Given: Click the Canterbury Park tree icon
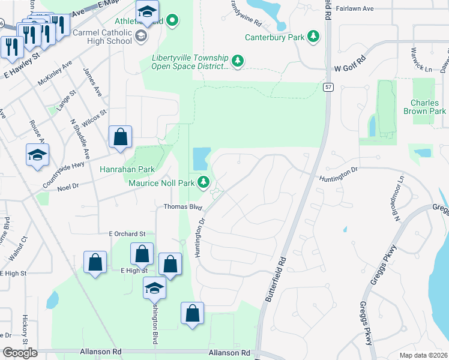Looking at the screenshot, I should pos(313,37).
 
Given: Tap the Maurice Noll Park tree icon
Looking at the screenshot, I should pos(205,181).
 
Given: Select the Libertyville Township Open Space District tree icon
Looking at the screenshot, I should pos(238,61).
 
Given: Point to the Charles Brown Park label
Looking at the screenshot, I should pos(429,107).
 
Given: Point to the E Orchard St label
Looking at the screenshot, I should pos(127,233).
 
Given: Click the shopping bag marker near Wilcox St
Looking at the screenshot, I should pos(120,137).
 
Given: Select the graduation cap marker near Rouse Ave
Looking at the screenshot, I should pos(37,155).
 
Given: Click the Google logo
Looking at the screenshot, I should pos(20,353).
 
